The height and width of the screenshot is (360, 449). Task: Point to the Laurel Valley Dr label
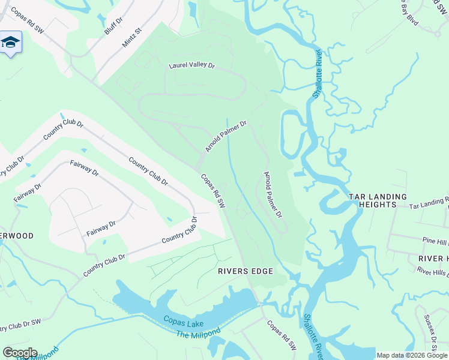[191, 65]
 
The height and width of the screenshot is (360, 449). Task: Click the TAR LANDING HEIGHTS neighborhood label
[378, 200]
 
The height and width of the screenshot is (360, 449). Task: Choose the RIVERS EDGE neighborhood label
[245, 271]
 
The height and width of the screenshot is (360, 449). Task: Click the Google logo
[20, 352]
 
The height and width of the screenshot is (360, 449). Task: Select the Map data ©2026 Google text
[412, 355]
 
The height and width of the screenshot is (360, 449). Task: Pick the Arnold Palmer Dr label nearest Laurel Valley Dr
[226, 136]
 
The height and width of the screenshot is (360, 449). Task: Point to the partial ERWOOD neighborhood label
[17, 236]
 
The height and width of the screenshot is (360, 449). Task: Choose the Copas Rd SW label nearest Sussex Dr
[282, 337]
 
